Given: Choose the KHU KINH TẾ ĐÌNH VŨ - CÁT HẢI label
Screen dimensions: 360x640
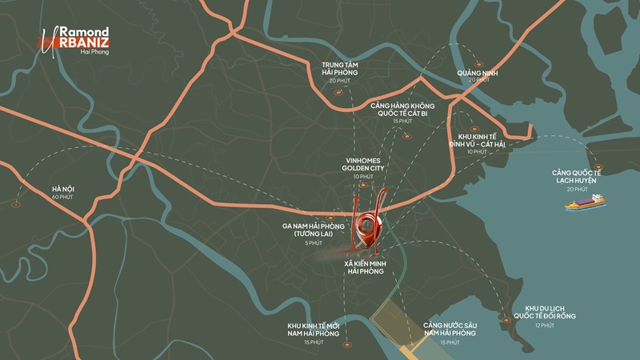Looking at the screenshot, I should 478,141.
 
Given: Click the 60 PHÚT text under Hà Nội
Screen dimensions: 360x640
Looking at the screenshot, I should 62,197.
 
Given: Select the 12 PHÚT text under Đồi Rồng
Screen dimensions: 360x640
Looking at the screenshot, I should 545,326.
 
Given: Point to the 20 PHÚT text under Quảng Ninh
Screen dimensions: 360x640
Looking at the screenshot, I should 478,80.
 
